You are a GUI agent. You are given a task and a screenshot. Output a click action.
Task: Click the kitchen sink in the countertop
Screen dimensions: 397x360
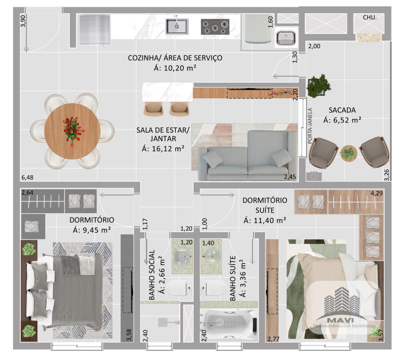(x=177, y=26)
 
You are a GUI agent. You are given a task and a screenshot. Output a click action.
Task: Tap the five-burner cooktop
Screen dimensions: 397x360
(x=215, y=27)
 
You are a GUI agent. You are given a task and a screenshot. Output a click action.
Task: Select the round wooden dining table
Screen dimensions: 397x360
(x=72, y=131)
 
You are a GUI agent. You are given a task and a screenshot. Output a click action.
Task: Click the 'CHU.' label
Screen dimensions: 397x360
(x=370, y=18)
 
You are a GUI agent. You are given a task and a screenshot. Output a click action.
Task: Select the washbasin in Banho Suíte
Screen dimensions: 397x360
(x=211, y=256)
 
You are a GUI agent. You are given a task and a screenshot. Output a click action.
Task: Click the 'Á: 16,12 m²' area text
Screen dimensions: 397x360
(x=163, y=149)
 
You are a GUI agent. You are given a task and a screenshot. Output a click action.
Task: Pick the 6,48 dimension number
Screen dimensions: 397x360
(x=27, y=177)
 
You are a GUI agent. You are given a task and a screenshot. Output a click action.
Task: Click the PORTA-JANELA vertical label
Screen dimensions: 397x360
(x=310, y=126)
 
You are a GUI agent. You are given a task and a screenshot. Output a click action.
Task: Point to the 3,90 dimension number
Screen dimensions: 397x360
(x=23, y=21)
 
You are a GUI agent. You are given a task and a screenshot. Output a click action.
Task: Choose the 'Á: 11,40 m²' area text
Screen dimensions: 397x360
(x=265, y=220)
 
